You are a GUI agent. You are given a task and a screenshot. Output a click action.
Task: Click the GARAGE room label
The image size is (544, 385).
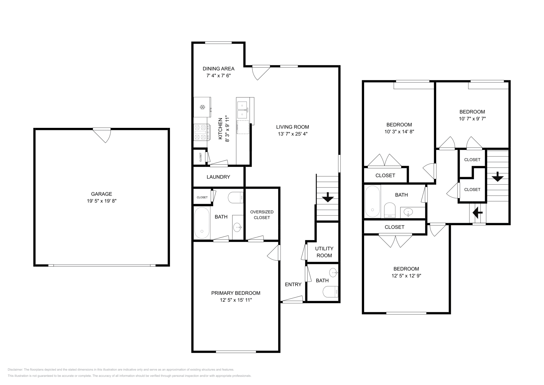[x=101, y=194]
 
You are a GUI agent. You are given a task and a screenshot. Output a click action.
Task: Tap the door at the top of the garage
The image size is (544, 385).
[x=103, y=135]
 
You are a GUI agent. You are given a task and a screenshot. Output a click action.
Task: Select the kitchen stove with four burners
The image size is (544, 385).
[x=201, y=132]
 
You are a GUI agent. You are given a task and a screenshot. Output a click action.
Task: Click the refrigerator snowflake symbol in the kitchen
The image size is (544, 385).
[x=202, y=107]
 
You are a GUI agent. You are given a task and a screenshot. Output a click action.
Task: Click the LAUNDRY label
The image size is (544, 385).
[x=218, y=177]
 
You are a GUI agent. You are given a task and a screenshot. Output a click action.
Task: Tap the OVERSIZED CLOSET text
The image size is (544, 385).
[x=262, y=215]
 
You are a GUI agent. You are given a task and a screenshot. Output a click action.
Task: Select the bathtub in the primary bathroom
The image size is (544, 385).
[x=202, y=222]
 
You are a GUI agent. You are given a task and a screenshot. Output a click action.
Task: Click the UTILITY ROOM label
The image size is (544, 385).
[x=324, y=252]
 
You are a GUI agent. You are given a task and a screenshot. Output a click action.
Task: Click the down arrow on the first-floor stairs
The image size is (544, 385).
[x=328, y=197]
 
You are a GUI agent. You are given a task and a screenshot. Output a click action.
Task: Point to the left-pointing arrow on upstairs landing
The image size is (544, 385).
[x=478, y=213]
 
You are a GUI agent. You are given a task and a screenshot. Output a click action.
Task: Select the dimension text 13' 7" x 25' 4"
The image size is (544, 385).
[x=292, y=134]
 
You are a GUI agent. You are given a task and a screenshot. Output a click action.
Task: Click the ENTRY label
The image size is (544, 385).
[x=293, y=284]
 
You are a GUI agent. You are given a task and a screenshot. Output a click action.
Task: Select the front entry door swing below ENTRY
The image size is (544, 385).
[x=292, y=299]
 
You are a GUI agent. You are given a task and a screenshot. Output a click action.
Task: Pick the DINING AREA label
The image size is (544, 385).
[x=219, y=69]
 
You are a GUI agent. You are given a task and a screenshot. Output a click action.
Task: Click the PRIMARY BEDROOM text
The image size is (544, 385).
[x=236, y=293]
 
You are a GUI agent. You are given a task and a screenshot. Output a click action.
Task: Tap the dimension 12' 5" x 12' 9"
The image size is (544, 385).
[x=406, y=276]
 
